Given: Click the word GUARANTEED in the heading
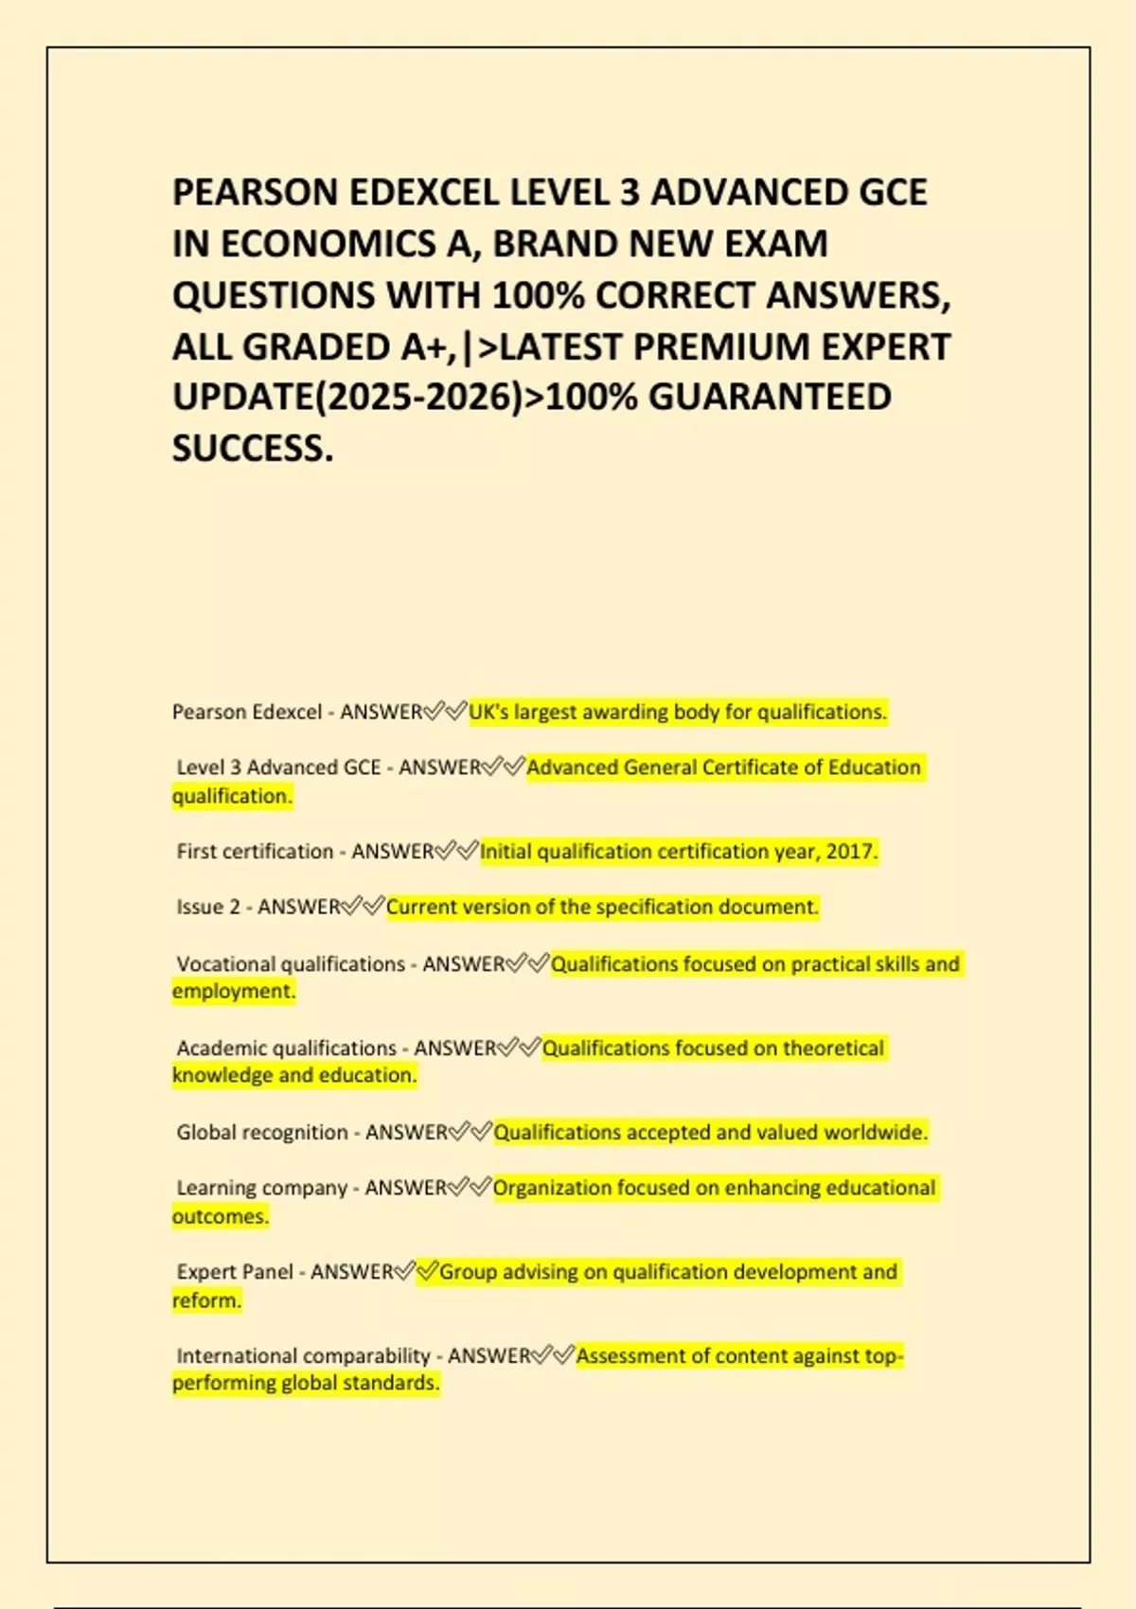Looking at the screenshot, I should coord(770,398).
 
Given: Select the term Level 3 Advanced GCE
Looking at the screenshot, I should coord(278,768).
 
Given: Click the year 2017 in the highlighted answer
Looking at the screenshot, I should coord(850,852).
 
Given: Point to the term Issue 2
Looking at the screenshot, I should coord(208,908).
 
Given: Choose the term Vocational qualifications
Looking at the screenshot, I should coord(291,964).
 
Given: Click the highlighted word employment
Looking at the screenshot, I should coord(233,991).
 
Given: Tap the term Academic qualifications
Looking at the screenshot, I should coord(286,1049).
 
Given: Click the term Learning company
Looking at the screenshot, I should coord(261,1188).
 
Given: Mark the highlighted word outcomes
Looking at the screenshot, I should coord(220,1216).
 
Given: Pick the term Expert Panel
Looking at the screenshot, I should coord(235,1272).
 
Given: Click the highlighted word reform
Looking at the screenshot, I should coord(205,1300).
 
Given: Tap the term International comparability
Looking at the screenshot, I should coord(303,1356).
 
